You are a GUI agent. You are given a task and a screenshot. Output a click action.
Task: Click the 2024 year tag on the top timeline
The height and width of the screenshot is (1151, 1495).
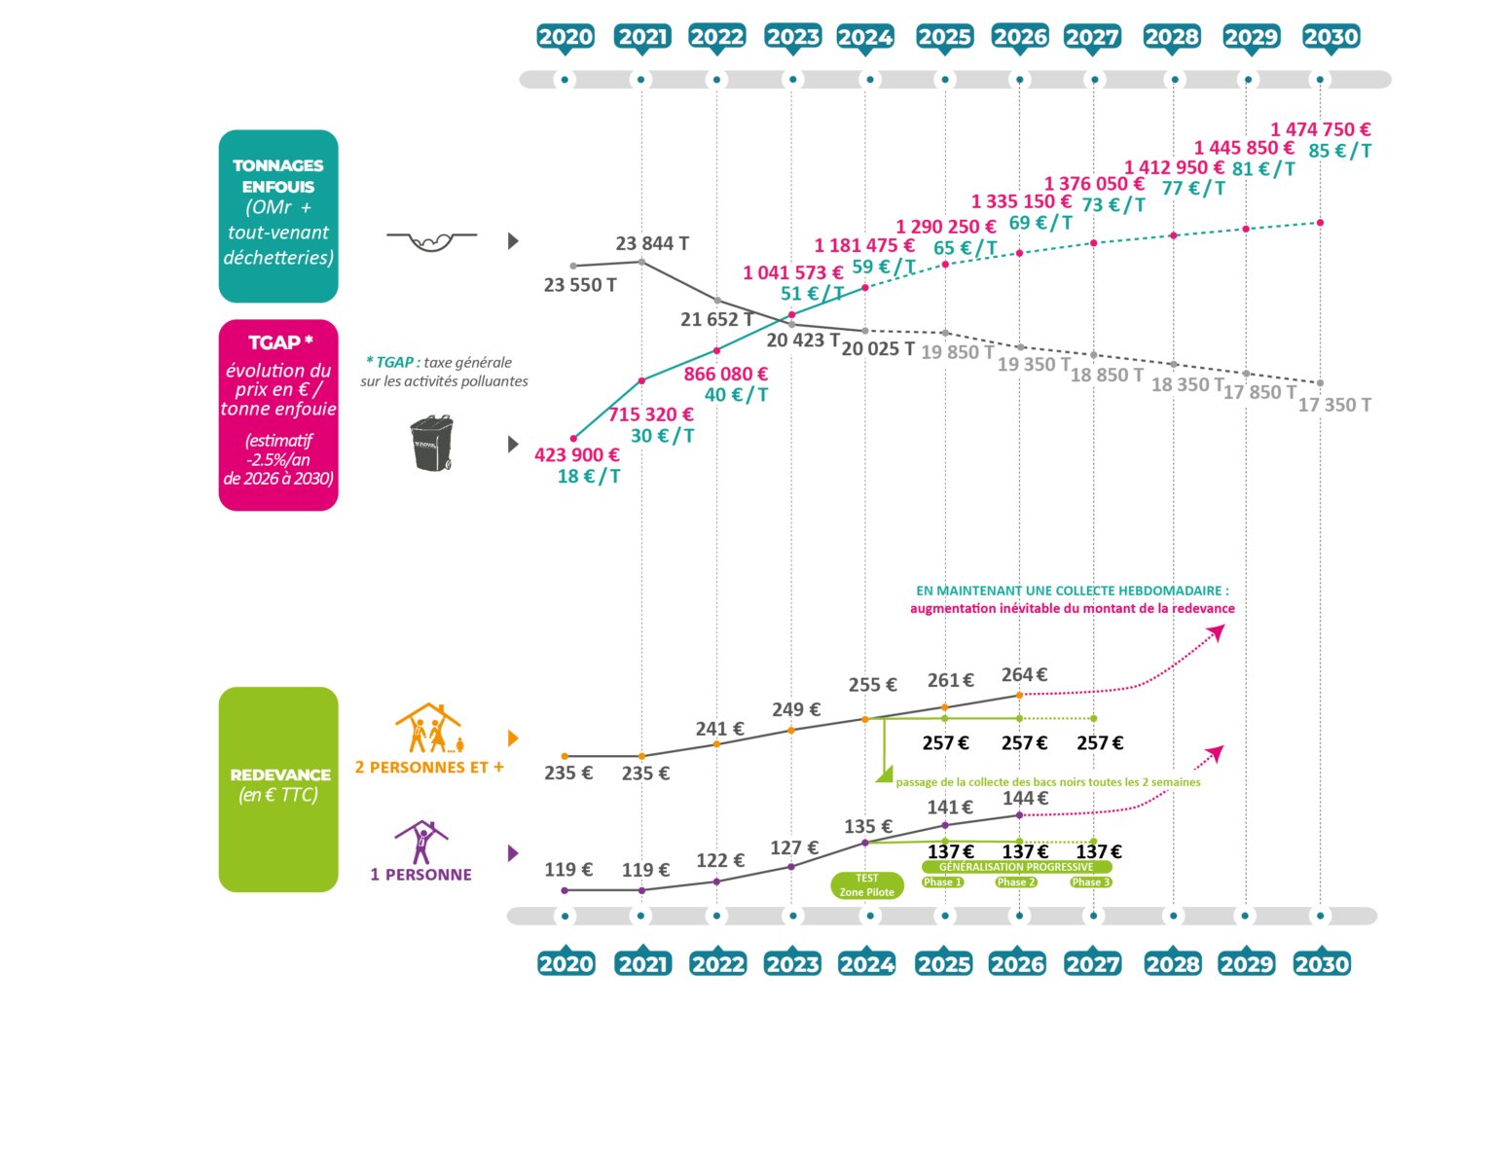pyautogui.click(x=865, y=37)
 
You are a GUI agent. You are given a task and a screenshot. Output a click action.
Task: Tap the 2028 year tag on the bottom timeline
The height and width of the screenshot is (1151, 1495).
pyautogui.click(x=1172, y=963)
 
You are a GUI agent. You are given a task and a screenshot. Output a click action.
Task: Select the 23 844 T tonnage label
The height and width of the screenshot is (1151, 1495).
pyautogui.click(x=652, y=243)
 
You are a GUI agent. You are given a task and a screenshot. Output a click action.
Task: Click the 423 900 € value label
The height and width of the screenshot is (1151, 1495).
pyautogui.click(x=576, y=454)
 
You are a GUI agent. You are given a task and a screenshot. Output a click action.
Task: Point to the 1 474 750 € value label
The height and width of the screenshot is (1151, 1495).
pyautogui.click(x=1320, y=129)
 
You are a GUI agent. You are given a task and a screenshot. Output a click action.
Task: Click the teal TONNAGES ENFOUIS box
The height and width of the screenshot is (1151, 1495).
pyautogui.click(x=278, y=216)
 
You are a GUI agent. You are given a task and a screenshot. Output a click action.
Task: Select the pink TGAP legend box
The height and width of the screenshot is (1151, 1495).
pyautogui.click(x=278, y=414)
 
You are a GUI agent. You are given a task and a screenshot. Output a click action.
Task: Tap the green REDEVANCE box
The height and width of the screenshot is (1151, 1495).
pyautogui.click(x=278, y=789)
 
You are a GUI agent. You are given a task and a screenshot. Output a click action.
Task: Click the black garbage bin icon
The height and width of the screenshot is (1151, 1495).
pyautogui.click(x=432, y=444)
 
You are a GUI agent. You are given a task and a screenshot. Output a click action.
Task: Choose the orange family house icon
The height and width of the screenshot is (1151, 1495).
pyautogui.click(x=428, y=729)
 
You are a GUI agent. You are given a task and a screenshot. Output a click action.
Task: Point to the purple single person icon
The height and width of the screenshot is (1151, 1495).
pyautogui.click(x=420, y=843)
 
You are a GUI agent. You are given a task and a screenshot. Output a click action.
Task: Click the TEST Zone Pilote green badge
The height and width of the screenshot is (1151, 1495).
pyautogui.click(x=866, y=885)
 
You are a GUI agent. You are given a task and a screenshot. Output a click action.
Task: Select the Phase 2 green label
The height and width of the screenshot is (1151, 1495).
pyautogui.click(x=1016, y=881)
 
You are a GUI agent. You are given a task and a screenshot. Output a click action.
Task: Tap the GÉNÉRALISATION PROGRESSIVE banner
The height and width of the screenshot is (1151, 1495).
pyautogui.click(x=1016, y=866)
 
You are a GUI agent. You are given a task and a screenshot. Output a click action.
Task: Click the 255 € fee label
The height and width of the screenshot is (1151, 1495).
pyautogui.click(x=871, y=685)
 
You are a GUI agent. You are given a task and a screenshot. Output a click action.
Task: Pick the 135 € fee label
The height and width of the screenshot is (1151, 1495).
pyautogui.click(x=866, y=826)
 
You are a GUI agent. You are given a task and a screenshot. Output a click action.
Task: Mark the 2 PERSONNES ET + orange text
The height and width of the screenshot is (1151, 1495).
pyautogui.click(x=429, y=767)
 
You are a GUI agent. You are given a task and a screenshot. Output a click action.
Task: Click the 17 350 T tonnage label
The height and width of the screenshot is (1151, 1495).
pyautogui.click(x=1334, y=405)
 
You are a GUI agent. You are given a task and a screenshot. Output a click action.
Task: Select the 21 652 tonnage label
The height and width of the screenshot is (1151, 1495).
pyautogui.click(x=709, y=319)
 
